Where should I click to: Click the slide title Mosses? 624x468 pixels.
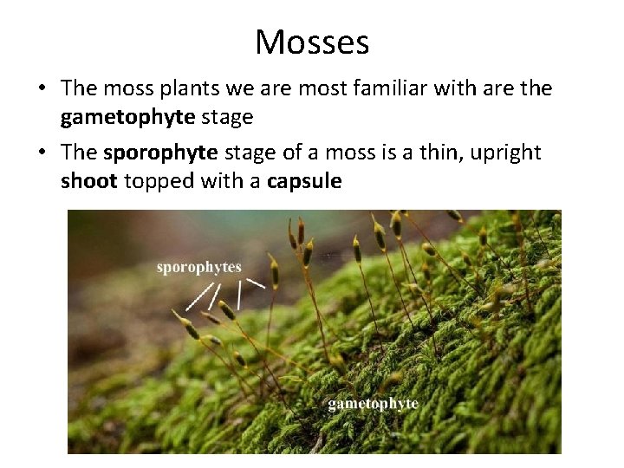(312, 42)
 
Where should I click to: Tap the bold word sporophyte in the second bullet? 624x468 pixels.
(161, 153)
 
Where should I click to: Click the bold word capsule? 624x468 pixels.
(304, 181)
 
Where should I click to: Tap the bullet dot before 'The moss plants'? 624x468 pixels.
(43, 88)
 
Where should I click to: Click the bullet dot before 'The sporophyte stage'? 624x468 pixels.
(43, 153)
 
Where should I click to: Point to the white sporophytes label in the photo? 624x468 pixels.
(198, 267)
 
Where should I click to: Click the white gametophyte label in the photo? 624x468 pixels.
(373, 404)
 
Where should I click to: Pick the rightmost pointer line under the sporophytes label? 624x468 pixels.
(256, 283)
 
